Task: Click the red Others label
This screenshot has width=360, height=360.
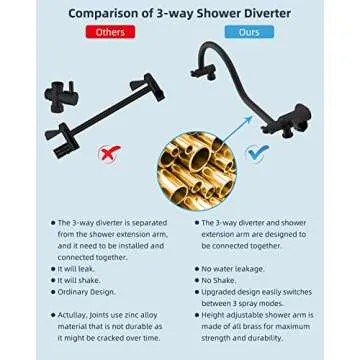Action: click(110, 32)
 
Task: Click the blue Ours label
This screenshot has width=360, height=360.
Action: click(249, 32)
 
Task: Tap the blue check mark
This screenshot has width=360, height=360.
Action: click(256, 153)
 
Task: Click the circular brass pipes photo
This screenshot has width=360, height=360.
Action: click(196, 166)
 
